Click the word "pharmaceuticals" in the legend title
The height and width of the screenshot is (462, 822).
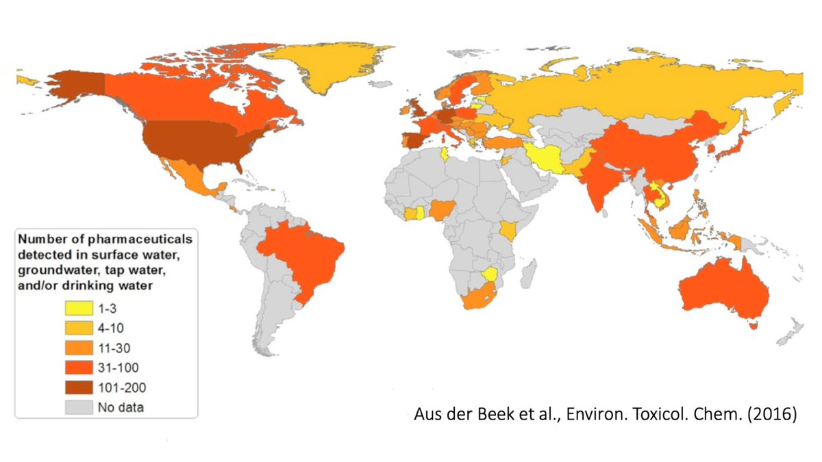pos(135,240)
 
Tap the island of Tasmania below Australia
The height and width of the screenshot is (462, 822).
pos(754,326)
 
